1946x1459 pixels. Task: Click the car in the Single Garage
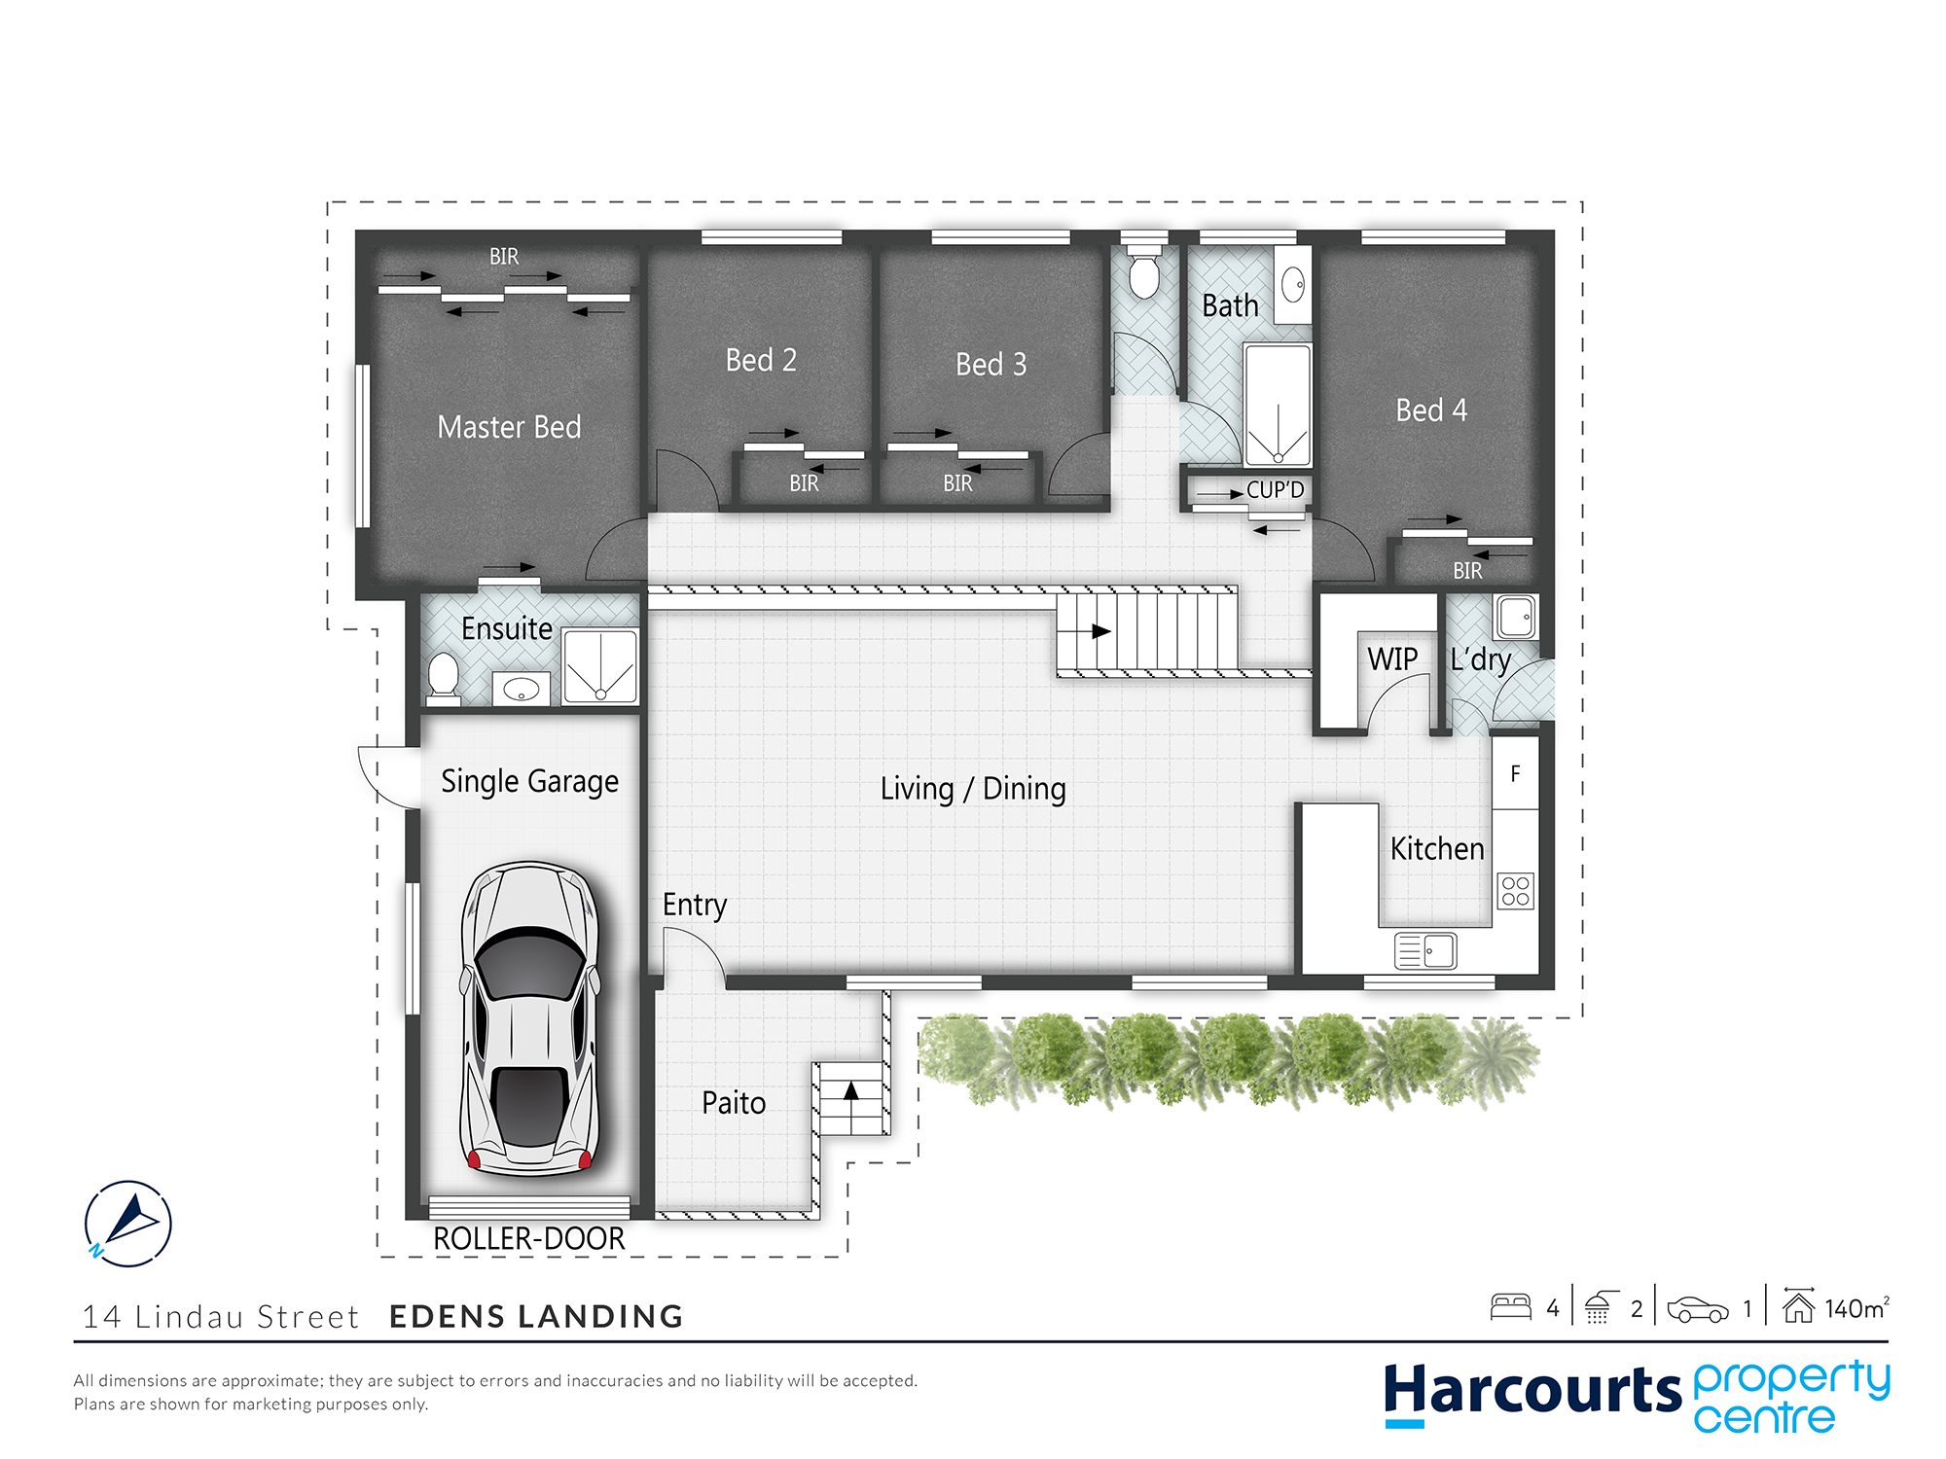(530, 1018)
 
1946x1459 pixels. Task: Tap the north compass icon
(128, 1224)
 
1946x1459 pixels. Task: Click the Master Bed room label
(509, 427)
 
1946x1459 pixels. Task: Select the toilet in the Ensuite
(444, 678)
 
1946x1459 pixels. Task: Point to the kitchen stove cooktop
(1516, 891)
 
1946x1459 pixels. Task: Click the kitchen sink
(1425, 950)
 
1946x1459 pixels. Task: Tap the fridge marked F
(1515, 773)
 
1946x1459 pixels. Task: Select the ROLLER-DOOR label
(529, 1238)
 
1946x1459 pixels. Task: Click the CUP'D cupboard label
(1275, 490)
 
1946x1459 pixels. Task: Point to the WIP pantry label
(1392, 659)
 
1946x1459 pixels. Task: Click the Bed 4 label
(1431, 410)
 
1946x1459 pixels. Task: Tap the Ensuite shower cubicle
(600, 666)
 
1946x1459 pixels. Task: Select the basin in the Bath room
(1293, 285)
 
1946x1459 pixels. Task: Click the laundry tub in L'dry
(1516, 617)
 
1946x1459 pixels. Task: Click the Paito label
(734, 1103)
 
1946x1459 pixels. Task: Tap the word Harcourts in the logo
(1532, 1391)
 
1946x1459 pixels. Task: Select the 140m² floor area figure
(1856, 1308)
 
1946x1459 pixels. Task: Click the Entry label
(695, 906)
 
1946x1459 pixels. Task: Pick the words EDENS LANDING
(536, 1317)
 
